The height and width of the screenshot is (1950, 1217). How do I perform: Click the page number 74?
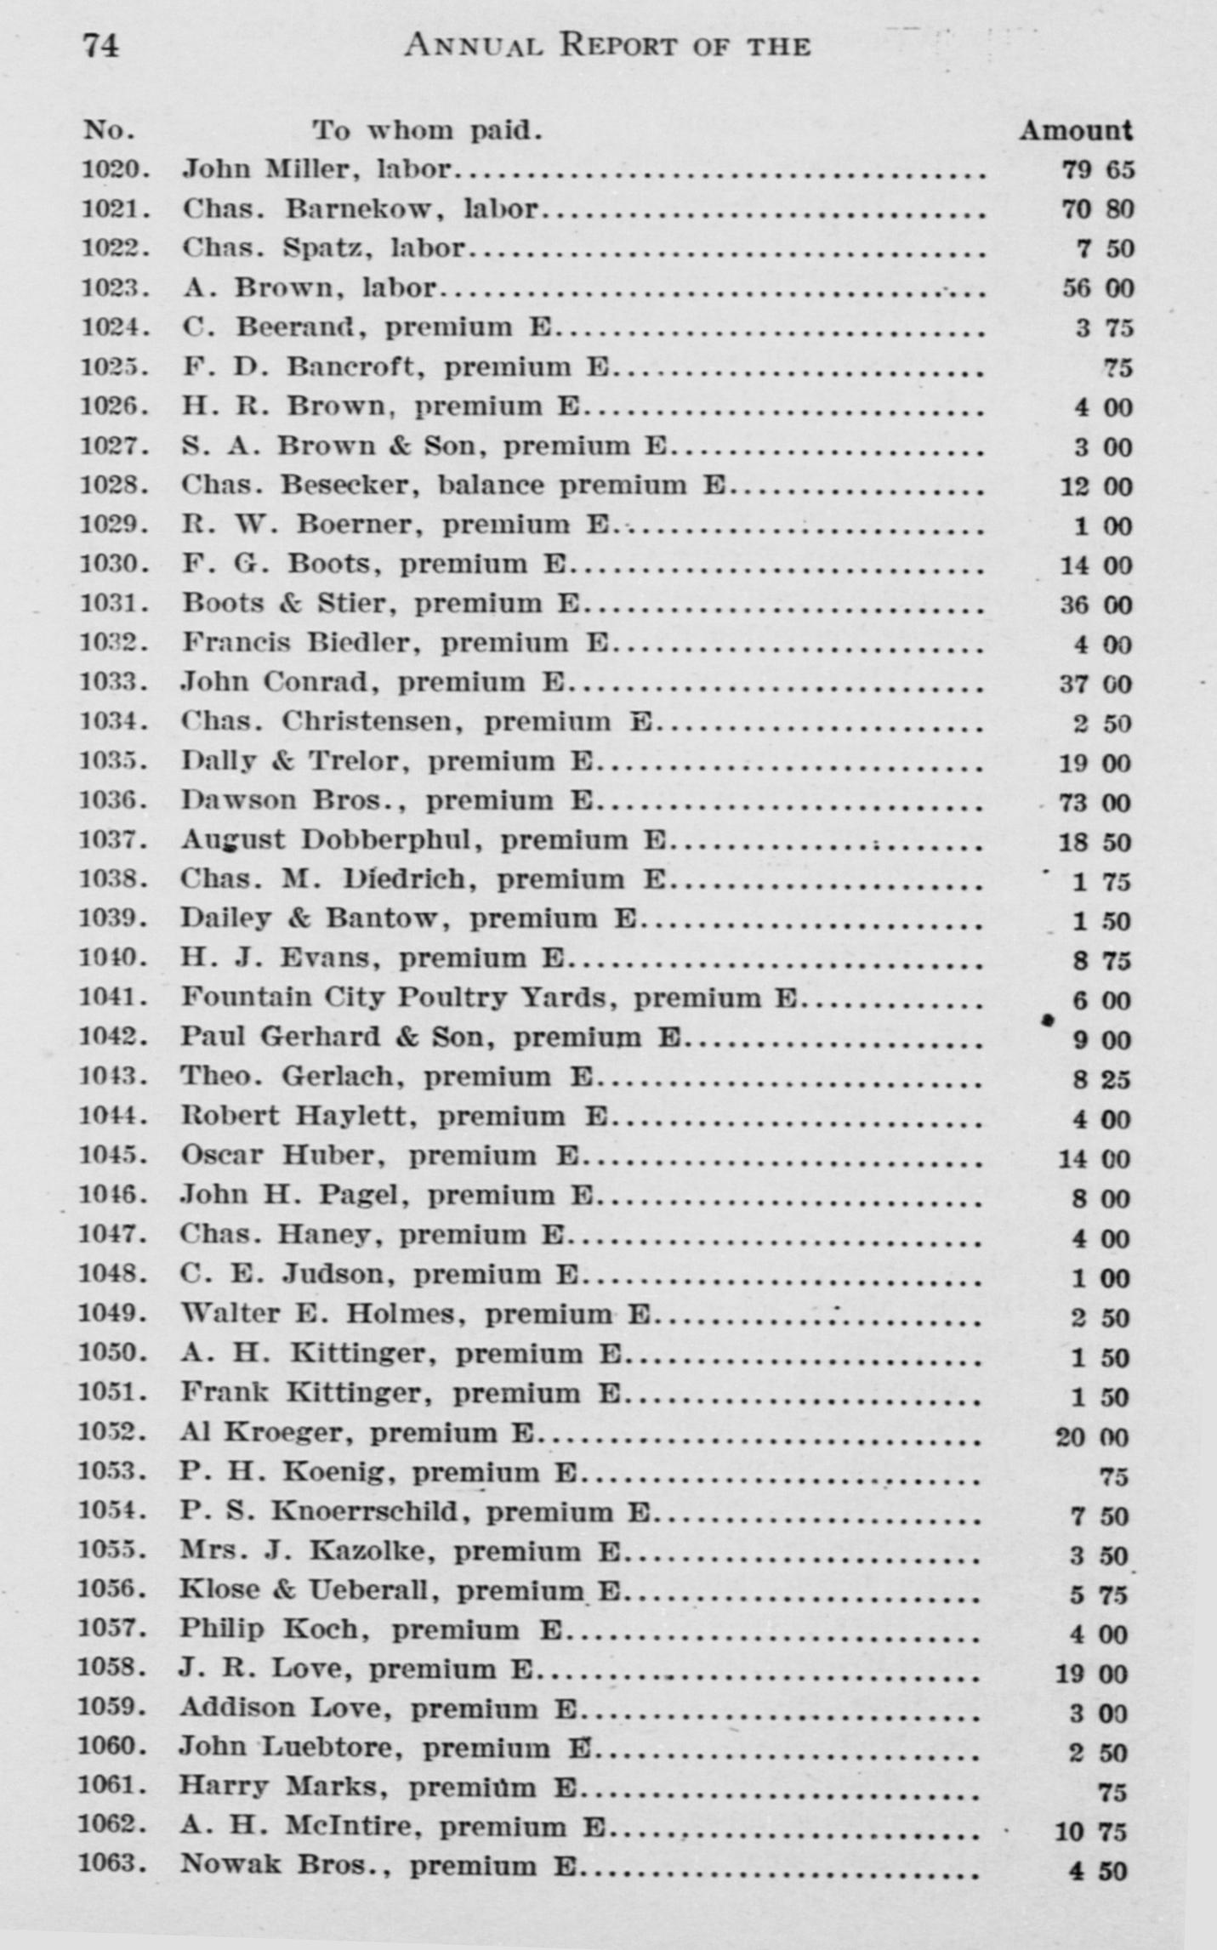(100, 45)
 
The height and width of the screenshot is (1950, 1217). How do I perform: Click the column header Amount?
(1076, 130)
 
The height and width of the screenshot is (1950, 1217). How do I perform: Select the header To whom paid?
(426, 130)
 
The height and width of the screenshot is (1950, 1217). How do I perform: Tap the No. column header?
(109, 130)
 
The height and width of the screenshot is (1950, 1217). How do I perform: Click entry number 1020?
(116, 169)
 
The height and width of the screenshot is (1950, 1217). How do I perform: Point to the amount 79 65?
(1098, 170)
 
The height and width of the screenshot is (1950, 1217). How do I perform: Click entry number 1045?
(113, 1156)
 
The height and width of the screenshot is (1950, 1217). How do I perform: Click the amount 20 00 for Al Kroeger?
(1092, 1438)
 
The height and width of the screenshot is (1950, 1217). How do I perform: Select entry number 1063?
(112, 1864)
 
